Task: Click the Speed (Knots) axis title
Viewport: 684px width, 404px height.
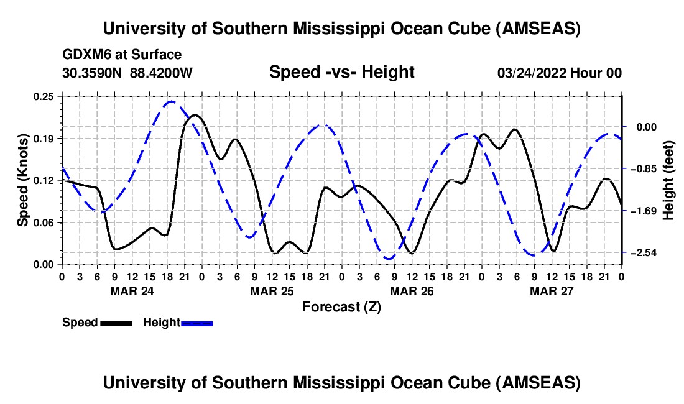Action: (23, 180)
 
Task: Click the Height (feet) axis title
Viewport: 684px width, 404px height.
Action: (669, 180)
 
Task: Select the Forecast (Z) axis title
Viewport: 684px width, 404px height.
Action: (341, 306)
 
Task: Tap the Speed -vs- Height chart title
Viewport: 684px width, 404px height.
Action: (341, 72)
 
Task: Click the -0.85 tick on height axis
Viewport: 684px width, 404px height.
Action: (638, 169)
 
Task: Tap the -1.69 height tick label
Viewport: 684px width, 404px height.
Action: (638, 211)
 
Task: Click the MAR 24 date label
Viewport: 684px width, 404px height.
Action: (132, 290)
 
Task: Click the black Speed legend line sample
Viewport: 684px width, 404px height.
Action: (116, 323)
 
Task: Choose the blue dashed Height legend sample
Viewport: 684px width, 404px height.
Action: (197, 323)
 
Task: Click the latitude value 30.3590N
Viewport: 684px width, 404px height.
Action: (93, 73)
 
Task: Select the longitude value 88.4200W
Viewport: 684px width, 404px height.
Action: (161, 73)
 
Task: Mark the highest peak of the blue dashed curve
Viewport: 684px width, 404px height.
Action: (171, 101)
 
